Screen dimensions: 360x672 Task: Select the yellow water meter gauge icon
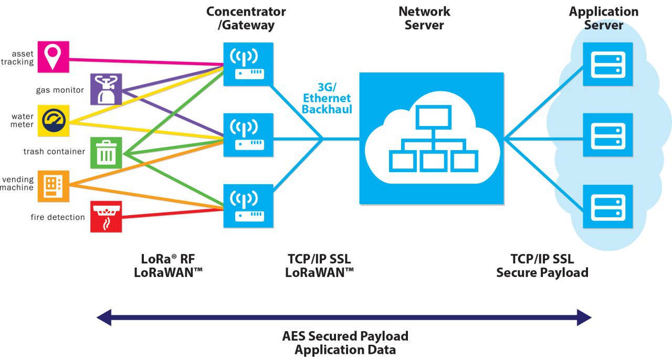53,120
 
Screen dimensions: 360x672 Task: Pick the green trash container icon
106,152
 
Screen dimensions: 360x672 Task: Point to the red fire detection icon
106,216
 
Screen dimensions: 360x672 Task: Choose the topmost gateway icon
248,64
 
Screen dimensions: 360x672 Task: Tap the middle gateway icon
248,135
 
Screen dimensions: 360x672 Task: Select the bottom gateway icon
248,206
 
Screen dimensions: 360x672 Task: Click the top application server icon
608,64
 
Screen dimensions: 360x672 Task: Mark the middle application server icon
608,135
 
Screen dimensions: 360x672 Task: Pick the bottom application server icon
608,206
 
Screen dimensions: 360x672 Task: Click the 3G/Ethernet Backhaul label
327,98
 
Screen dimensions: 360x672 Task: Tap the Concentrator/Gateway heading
246,18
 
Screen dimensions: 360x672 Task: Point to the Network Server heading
424,18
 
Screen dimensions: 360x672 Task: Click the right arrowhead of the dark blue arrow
584,317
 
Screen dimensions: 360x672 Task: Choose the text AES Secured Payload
345,336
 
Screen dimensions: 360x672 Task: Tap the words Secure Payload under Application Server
542,272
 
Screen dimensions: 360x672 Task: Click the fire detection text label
58,217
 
